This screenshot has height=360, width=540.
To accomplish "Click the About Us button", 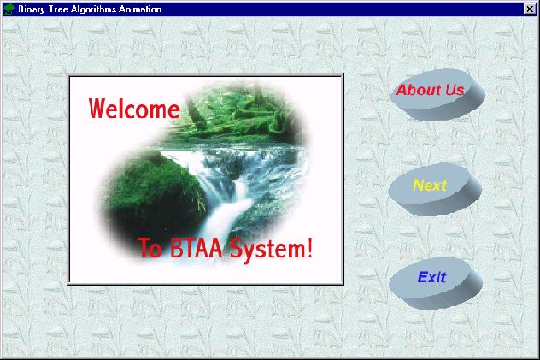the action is coord(437,94).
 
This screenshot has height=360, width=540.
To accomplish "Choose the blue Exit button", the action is coord(436,282).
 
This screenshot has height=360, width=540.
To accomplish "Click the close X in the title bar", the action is coord(530,9).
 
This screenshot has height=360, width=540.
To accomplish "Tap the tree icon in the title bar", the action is coord(9,9).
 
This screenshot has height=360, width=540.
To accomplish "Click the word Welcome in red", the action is coord(134,109).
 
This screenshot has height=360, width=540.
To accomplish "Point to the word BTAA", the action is coord(196,248).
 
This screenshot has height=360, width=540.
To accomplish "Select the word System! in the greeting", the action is coord(271,249).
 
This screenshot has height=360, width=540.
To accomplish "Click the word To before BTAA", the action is coord(150,248).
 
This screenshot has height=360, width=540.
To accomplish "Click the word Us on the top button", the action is coord(455,90).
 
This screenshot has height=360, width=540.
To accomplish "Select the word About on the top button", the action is coord(420,91).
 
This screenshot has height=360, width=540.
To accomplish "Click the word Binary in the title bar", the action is coord(32,9).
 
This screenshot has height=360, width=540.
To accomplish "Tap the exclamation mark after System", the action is coord(309,247).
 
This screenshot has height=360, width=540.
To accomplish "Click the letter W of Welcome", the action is coord(97,109).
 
